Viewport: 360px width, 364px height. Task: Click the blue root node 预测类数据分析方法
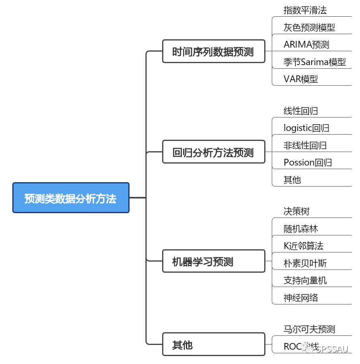click(x=71, y=198)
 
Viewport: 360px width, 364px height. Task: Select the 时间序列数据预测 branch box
click(x=213, y=51)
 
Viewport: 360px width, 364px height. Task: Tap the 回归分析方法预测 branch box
click(x=213, y=152)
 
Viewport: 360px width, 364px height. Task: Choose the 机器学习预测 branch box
click(x=213, y=261)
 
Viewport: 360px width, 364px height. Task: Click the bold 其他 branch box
click(x=213, y=344)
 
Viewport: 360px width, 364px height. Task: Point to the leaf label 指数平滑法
click(x=305, y=10)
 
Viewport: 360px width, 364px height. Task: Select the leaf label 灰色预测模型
click(x=309, y=27)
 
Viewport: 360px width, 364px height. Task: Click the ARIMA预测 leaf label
click(x=306, y=44)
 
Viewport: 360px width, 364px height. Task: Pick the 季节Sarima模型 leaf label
click(x=314, y=62)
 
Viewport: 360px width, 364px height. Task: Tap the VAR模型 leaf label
click(x=301, y=79)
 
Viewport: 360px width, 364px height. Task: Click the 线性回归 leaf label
click(x=301, y=111)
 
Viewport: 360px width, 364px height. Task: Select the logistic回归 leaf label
click(x=306, y=128)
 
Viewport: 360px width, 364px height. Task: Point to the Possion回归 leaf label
click(x=308, y=162)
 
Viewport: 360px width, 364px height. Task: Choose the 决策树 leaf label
click(x=296, y=211)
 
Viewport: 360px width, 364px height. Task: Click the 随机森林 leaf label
click(x=301, y=229)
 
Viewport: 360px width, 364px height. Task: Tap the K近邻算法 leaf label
click(x=303, y=246)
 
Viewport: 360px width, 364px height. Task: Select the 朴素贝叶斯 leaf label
click(x=305, y=263)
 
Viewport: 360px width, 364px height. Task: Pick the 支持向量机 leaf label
click(x=305, y=280)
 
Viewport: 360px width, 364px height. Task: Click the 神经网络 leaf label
click(x=301, y=298)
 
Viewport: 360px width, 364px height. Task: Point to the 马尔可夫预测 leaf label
click(x=309, y=329)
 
